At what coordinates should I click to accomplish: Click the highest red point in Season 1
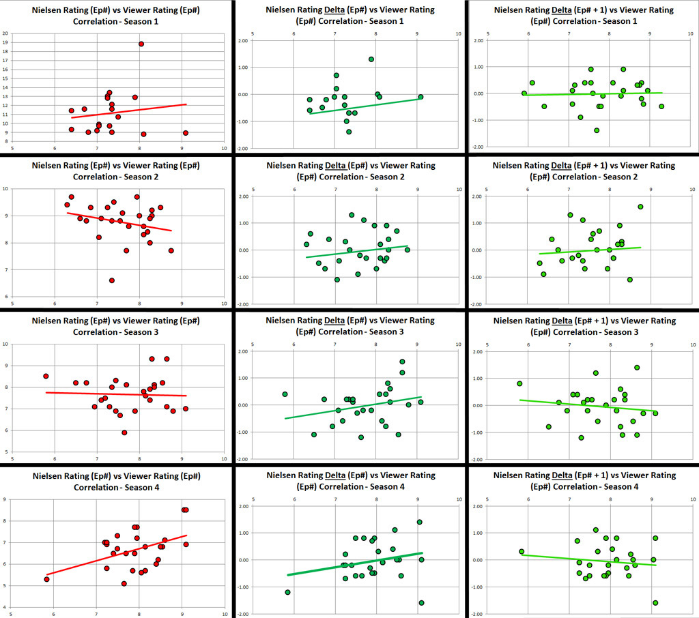[141, 44]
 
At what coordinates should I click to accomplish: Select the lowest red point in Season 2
[112, 280]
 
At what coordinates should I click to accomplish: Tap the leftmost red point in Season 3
[46, 376]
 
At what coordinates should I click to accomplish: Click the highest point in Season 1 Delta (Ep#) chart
[371, 59]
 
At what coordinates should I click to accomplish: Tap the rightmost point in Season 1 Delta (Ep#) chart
[420, 97]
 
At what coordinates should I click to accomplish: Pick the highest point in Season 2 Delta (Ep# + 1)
[640, 207]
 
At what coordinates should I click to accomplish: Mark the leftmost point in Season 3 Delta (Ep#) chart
[285, 394]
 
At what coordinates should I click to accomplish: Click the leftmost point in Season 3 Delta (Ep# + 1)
[519, 383]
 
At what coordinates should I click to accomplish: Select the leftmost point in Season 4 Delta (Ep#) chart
[287, 592]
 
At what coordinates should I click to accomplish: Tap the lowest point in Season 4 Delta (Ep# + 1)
[655, 603]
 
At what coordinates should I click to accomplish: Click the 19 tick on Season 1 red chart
[6, 42]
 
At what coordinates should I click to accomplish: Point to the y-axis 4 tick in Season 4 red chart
[6, 607]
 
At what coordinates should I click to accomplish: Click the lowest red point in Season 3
[124, 432]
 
